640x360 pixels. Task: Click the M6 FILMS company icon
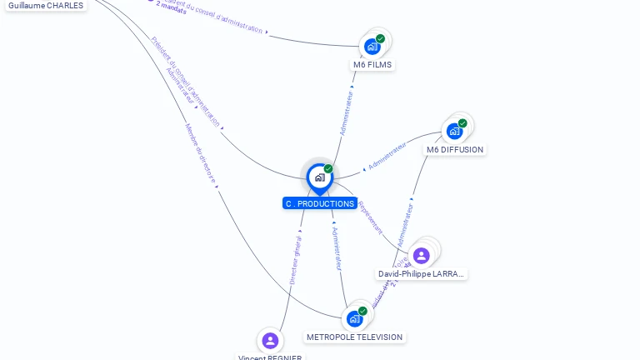(372, 47)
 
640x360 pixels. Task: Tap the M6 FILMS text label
(372, 64)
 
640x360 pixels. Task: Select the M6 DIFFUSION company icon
(454, 131)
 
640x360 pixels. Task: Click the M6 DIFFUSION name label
(454, 150)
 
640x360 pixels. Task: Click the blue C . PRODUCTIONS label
(320, 203)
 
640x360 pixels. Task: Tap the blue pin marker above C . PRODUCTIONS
(319, 177)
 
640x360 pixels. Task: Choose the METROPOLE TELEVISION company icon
(355, 319)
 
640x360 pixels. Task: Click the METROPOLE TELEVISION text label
(354, 337)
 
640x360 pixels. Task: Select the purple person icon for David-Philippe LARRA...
(422, 255)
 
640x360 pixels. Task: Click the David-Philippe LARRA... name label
(422, 273)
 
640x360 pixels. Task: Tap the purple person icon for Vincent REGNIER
(270, 340)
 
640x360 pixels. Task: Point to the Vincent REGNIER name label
(270, 357)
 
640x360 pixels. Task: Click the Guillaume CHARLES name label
(46, 5)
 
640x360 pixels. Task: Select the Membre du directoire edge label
(201, 153)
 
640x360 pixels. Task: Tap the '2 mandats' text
(171, 8)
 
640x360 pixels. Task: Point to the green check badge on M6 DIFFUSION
(462, 123)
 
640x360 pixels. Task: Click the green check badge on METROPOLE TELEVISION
(362, 311)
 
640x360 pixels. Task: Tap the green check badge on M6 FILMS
(380, 38)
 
